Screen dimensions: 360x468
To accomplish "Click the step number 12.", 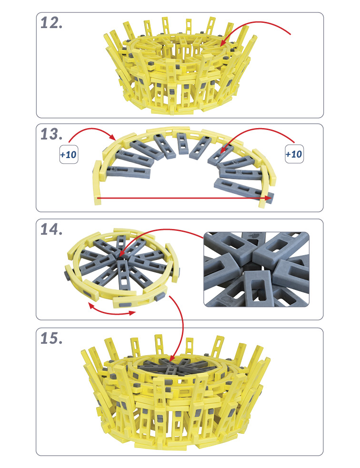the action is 51,23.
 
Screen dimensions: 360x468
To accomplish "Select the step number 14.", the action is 51,229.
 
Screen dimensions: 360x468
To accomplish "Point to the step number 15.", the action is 51,338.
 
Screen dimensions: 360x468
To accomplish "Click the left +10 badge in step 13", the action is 69,154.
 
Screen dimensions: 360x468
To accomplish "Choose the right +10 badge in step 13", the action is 294,154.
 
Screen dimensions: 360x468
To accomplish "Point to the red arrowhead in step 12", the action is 224,42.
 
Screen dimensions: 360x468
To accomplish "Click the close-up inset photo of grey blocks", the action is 256,269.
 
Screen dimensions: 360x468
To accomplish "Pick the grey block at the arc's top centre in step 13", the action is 183,143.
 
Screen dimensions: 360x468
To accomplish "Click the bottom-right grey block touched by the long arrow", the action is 243,190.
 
